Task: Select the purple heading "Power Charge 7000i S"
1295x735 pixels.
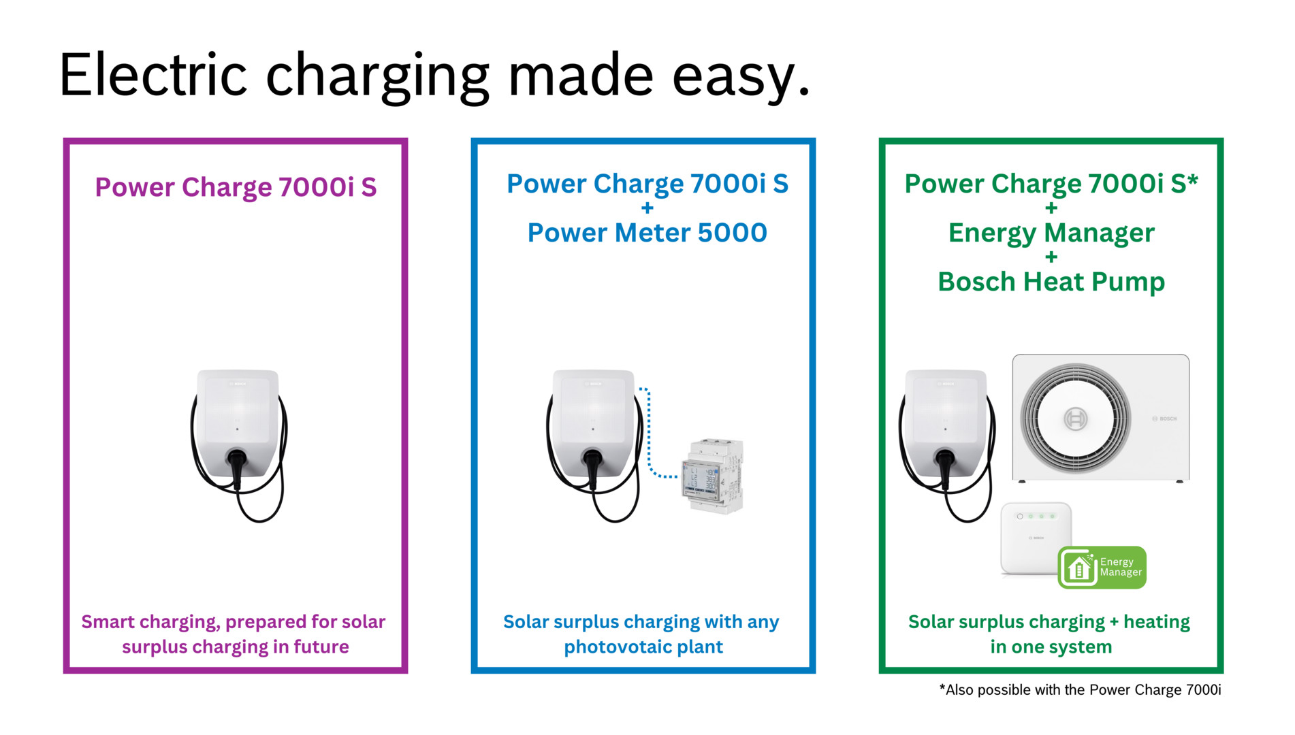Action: [x=236, y=187]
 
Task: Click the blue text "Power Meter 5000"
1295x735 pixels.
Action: [x=647, y=233]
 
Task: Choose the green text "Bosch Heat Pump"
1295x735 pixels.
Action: [x=1051, y=282]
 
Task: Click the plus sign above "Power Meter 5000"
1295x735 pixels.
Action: [x=647, y=208]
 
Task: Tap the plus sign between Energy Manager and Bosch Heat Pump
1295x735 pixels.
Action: [x=1051, y=257]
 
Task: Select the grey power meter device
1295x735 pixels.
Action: [x=713, y=476]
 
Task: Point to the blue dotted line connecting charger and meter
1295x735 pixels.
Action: [x=649, y=436]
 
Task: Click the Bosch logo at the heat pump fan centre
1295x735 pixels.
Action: [x=1075, y=419]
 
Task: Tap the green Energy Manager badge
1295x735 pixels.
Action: [x=1102, y=568]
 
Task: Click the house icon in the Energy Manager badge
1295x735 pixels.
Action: [x=1078, y=568]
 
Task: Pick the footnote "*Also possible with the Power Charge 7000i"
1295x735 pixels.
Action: [x=1080, y=690]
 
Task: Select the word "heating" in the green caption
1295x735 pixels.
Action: [x=1156, y=622]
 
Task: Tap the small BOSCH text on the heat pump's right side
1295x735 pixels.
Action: [x=1165, y=419]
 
